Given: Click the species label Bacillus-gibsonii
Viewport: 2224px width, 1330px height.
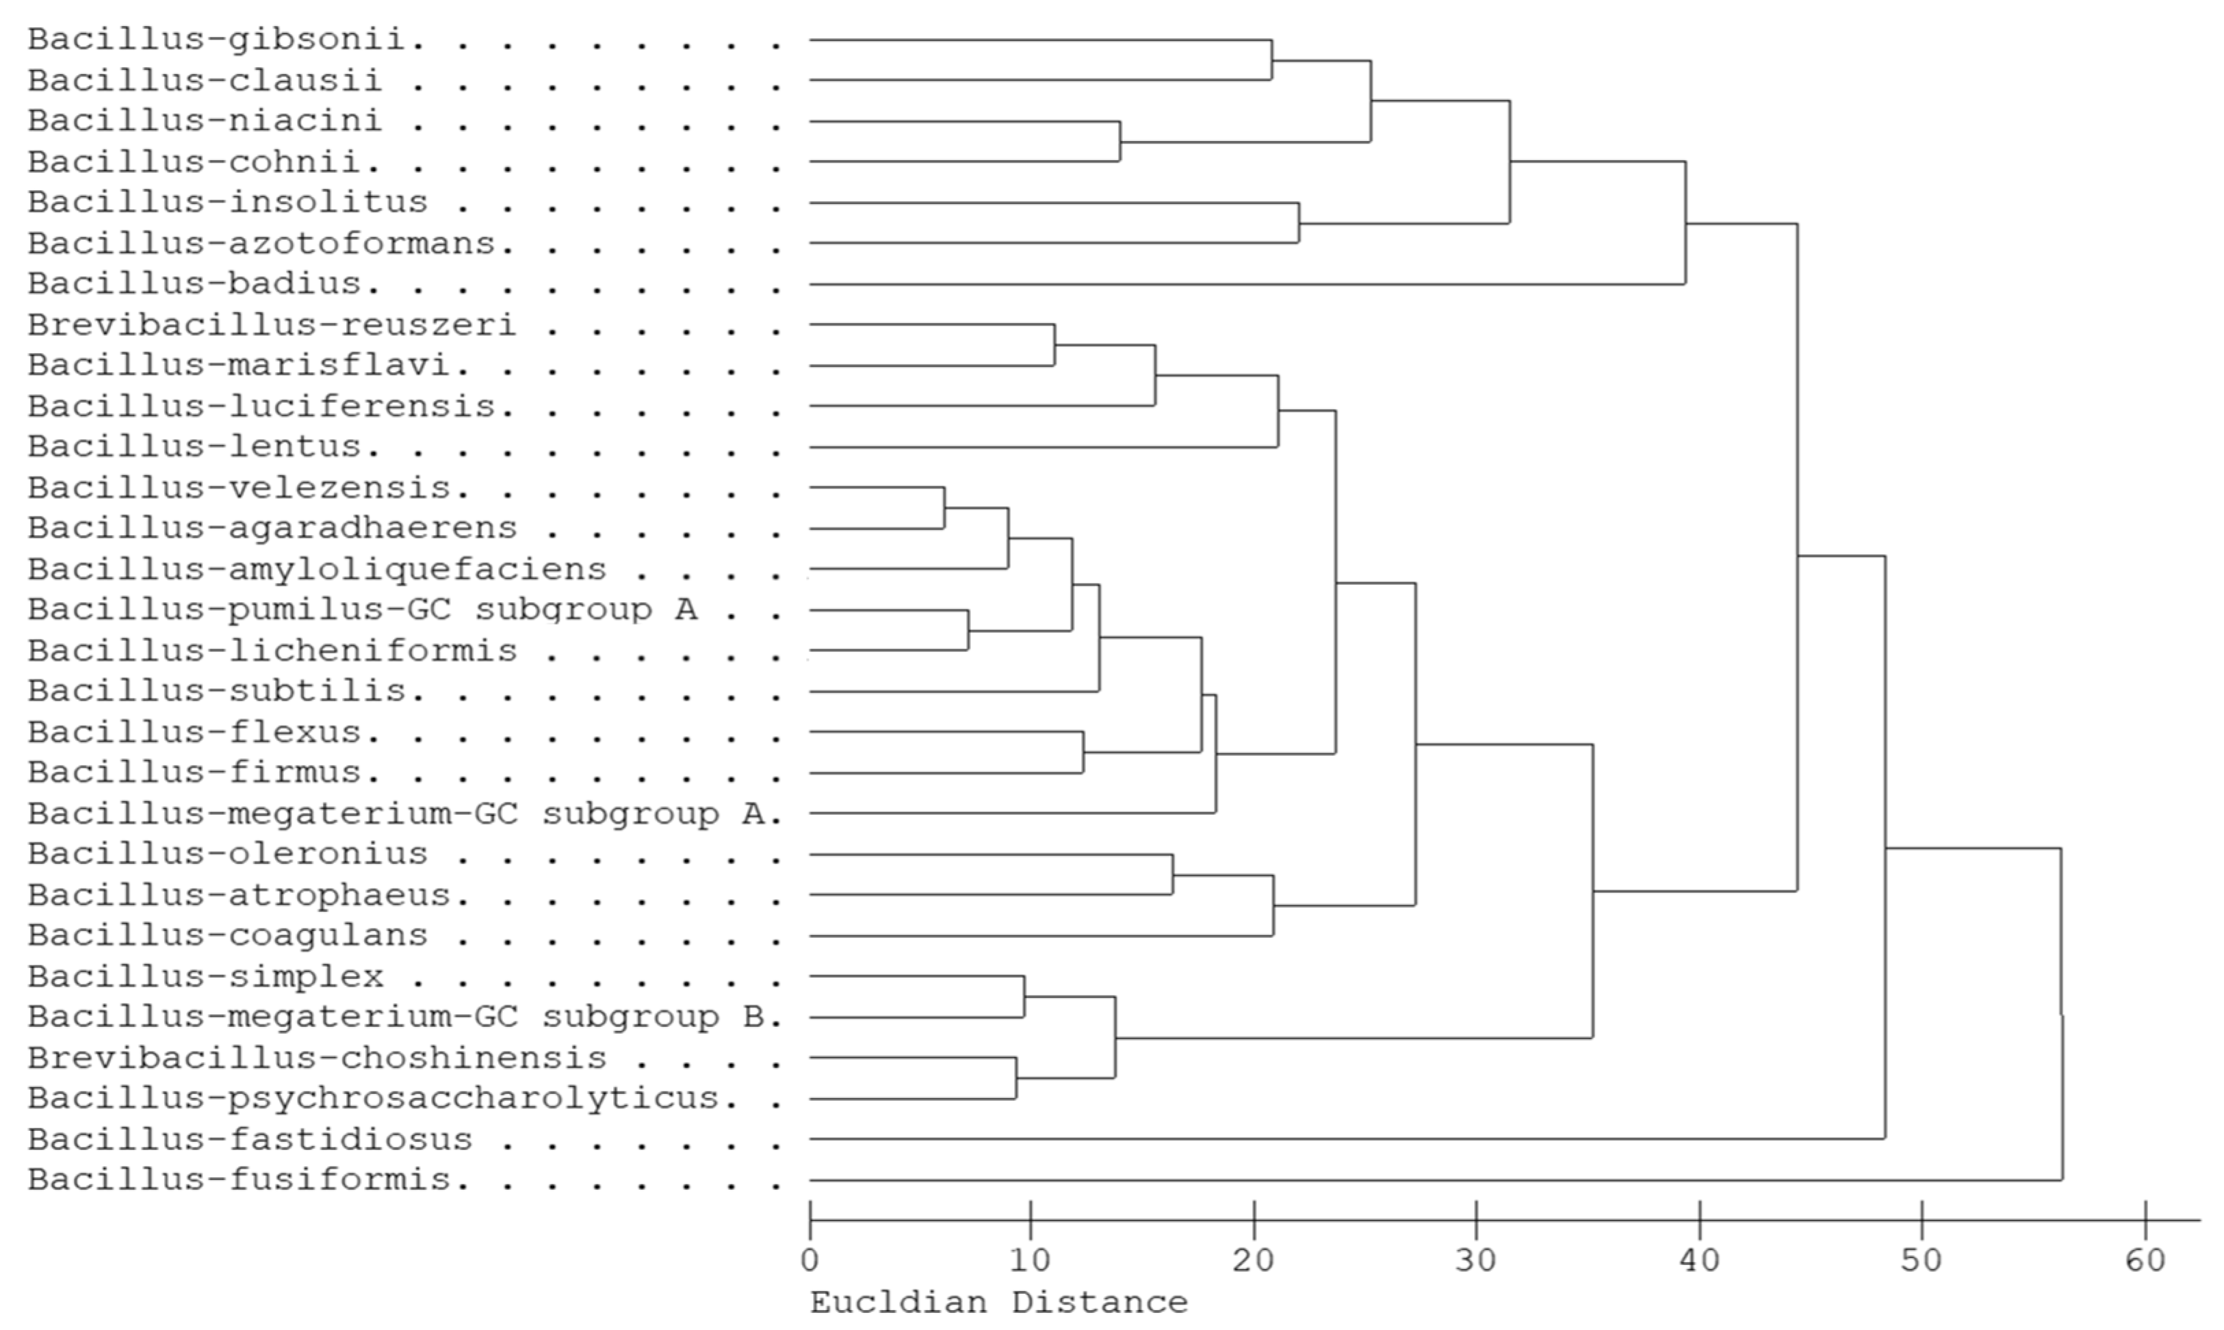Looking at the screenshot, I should (224, 40).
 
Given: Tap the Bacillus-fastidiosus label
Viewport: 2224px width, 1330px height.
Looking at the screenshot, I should (249, 1139).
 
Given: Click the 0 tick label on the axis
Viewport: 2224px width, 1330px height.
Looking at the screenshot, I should (810, 1261).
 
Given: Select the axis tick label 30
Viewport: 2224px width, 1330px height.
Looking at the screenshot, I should (1476, 1261).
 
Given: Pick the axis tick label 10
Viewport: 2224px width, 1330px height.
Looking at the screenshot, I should (1031, 1261).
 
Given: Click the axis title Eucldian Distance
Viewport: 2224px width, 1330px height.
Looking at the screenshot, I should (998, 1302).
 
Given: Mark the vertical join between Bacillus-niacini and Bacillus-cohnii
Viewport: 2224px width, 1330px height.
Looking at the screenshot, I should (1120, 142).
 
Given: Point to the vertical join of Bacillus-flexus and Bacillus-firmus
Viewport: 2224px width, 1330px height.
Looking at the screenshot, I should (1083, 752).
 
